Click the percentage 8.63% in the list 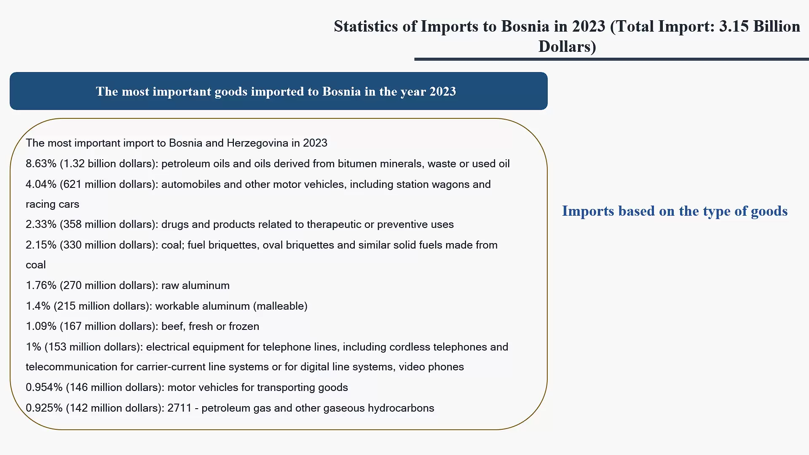click(x=41, y=163)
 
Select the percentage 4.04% click(x=41, y=184)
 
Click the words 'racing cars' click(x=52, y=204)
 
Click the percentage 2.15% click(x=41, y=245)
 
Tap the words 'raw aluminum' click(x=196, y=285)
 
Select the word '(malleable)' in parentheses click(x=280, y=306)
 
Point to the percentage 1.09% click(x=41, y=326)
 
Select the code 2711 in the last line click(x=179, y=408)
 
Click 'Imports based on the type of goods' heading click(x=675, y=211)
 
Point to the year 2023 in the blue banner click(x=442, y=91)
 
